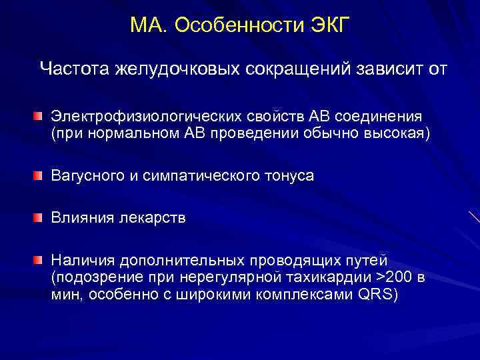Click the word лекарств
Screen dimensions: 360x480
[x=155, y=217]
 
